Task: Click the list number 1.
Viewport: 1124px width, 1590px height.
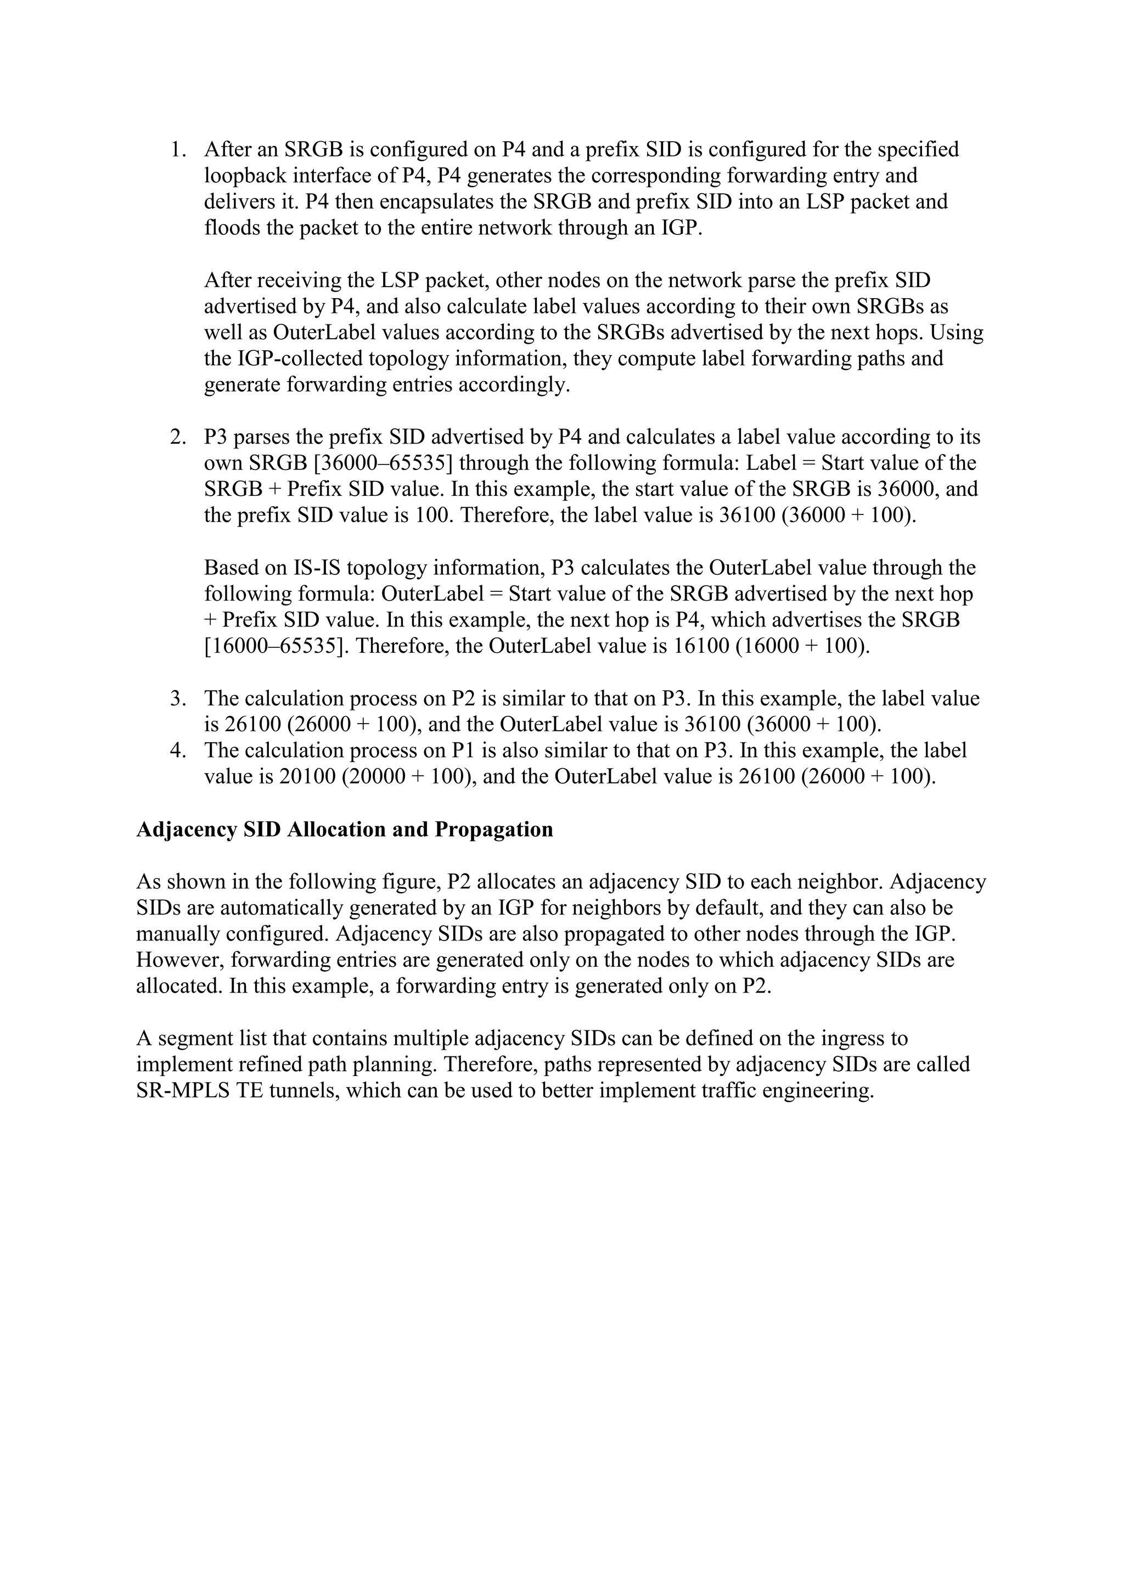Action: pos(178,149)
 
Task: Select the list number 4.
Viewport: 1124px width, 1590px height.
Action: pos(178,751)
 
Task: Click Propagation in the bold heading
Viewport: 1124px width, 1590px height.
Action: pos(493,830)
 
